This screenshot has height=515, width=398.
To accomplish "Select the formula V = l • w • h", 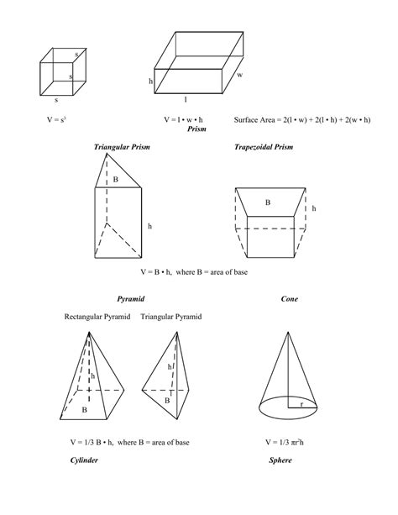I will point(184,119).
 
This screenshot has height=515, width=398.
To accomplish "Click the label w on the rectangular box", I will point(239,75).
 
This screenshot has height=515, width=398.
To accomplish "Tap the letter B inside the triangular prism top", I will point(116,180).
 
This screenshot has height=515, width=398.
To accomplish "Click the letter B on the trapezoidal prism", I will point(268,202).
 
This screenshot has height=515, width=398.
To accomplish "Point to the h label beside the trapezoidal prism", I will point(314,208).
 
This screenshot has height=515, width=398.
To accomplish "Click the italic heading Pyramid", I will point(131,298).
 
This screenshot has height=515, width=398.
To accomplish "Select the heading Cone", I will point(290,298).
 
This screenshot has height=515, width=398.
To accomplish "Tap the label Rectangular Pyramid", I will point(97,317).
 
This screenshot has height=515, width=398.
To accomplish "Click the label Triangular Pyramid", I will point(171,317).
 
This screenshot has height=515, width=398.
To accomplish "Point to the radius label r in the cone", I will point(301,404).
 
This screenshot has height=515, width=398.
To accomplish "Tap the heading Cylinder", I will point(85,460).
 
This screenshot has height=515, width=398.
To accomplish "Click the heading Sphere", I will point(280,460).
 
